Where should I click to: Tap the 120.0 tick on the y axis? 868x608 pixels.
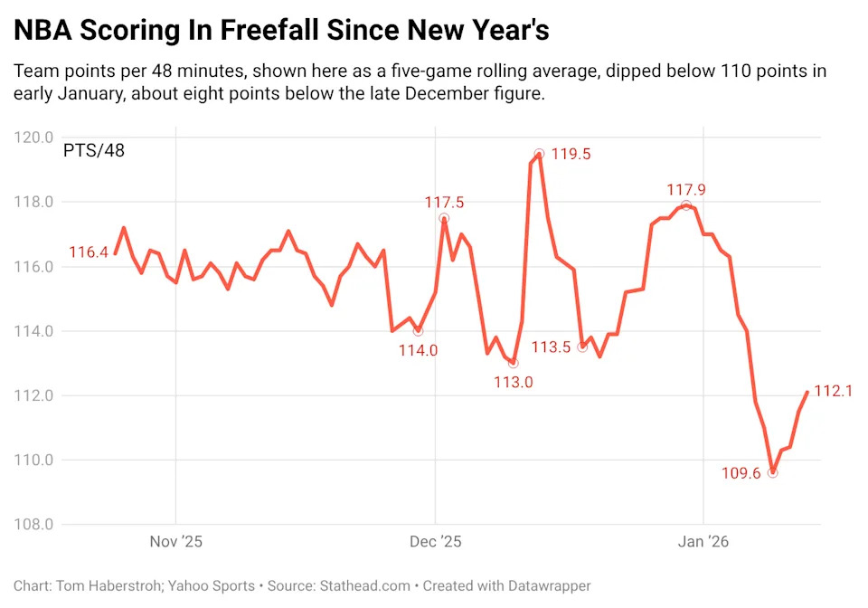pyautogui.click(x=33, y=138)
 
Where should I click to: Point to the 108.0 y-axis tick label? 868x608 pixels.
pyautogui.click(x=33, y=525)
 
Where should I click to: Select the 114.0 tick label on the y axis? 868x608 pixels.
pyautogui.click(x=33, y=331)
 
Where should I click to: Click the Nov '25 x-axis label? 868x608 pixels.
pyautogui.click(x=175, y=542)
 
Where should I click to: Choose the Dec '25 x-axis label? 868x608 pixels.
pyautogui.click(x=435, y=542)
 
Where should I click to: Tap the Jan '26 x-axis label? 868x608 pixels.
pyautogui.click(x=703, y=542)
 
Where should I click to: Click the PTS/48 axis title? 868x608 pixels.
pyautogui.click(x=94, y=150)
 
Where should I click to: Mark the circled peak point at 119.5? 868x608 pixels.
pyautogui.click(x=539, y=154)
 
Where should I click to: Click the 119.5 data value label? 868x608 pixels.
pyautogui.click(x=571, y=154)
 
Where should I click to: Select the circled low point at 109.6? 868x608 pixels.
pyautogui.click(x=772, y=472)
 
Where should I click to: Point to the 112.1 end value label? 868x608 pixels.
pyautogui.click(x=834, y=391)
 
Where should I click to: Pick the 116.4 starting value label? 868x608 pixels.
pyautogui.click(x=89, y=252)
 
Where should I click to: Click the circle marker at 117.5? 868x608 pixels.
pyautogui.click(x=444, y=218)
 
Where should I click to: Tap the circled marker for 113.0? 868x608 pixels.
pyautogui.click(x=514, y=363)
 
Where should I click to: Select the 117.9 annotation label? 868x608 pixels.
pyautogui.click(x=686, y=190)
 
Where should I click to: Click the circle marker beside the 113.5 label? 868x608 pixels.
pyautogui.click(x=582, y=347)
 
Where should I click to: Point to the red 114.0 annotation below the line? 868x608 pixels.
pyautogui.click(x=418, y=350)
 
